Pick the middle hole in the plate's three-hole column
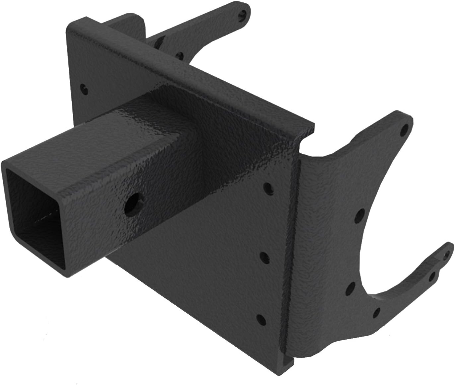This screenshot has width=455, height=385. click(x=264, y=256)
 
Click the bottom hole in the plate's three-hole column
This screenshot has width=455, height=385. click(x=261, y=320)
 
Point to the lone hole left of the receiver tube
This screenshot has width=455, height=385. click(x=83, y=88)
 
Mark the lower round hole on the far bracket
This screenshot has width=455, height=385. click(x=180, y=55)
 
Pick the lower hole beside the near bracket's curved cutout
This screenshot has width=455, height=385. click(x=349, y=290)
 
